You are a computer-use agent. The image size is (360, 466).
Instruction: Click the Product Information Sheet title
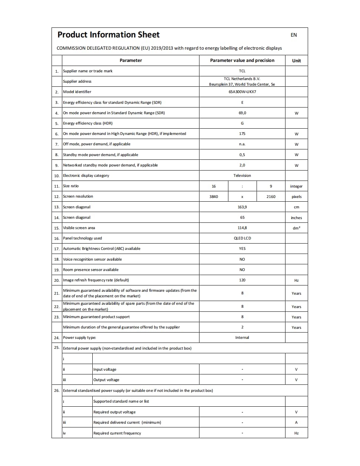(108, 35)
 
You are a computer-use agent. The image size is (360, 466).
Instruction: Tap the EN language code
(294, 35)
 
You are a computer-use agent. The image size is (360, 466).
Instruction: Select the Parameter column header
(131, 60)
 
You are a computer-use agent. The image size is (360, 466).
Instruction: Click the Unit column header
(296, 61)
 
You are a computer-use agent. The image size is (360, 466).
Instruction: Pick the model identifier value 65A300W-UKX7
(242, 92)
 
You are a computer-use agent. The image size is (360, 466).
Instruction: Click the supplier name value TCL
(242, 71)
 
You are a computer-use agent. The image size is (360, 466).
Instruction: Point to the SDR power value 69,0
(242, 113)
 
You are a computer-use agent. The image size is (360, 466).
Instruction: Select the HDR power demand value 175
(242, 133)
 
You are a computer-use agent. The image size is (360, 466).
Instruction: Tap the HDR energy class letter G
(242, 123)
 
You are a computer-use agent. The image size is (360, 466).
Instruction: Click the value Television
(242, 175)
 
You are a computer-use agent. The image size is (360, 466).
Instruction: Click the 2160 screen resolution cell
(271, 196)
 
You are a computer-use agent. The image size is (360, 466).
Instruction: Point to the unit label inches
(296, 218)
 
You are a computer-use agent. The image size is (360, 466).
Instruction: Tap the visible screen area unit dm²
(296, 228)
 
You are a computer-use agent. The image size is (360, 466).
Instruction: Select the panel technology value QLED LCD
(242, 238)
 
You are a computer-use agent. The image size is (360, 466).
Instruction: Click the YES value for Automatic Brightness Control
(242, 249)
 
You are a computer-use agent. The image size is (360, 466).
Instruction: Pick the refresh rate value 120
(242, 280)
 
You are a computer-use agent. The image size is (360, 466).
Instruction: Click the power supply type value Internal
(242, 337)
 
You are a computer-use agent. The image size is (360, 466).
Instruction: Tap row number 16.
(57, 238)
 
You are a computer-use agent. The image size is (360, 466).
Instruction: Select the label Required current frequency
(117, 433)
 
